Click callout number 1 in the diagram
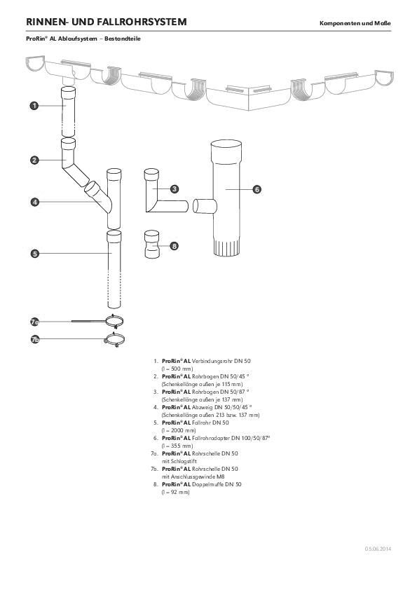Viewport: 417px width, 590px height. pos(34,106)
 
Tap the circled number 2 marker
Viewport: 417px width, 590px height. pos(34,160)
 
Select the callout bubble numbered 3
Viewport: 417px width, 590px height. pos(175,188)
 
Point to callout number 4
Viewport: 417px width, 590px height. pos(34,202)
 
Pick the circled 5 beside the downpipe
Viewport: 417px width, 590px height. pos(34,253)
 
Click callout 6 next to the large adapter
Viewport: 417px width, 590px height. pos(257,189)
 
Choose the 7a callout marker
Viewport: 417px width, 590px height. pos(34,322)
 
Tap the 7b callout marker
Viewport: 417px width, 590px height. pos(34,340)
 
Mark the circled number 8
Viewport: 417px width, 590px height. pos(175,246)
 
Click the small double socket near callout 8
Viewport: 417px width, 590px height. pos(153,245)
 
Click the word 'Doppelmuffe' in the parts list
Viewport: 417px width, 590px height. pos(211,484)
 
